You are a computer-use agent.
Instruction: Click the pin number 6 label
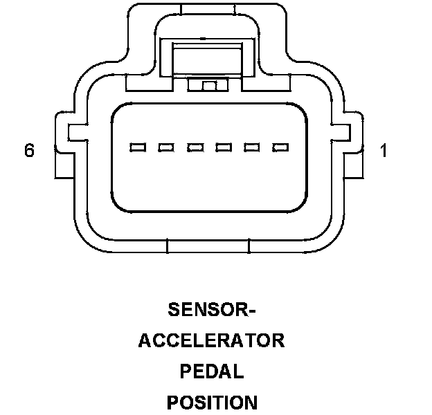(x=29, y=150)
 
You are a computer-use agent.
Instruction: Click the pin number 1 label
(x=384, y=150)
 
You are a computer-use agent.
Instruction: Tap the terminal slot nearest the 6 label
(x=138, y=147)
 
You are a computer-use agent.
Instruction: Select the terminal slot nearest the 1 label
(x=280, y=147)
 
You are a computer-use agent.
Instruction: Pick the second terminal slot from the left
(x=166, y=147)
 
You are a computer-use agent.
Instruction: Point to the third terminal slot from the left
(x=195, y=147)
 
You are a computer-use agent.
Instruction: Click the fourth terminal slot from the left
(x=224, y=147)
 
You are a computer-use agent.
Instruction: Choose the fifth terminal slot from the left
(x=252, y=147)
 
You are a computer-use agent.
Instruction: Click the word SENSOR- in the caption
(x=212, y=309)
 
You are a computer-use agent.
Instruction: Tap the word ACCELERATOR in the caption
(x=212, y=341)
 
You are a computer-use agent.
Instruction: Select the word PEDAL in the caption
(x=212, y=371)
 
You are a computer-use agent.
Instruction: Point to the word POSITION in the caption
(x=212, y=403)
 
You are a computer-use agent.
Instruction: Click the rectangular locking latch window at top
(x=208, y=59)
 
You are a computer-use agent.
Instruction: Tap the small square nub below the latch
(x=209, y=86)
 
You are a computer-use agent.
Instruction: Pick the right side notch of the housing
(x=341, y=133)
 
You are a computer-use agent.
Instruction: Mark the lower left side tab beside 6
(x=64, y=166)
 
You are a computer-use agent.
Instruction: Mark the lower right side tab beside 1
(x=354, y=166)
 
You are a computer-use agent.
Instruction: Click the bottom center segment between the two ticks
(x=208, y=246)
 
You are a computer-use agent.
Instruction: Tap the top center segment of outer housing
(x=208, y=9)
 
